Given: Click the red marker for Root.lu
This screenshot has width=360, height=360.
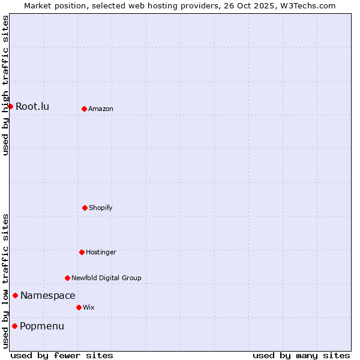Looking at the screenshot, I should [x=10, y=106].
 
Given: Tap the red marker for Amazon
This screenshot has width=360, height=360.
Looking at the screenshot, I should [x=84, y=109].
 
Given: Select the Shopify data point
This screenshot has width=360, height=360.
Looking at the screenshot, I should [x=85, y=208].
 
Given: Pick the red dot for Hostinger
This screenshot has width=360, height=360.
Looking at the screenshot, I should [x=82, y=252].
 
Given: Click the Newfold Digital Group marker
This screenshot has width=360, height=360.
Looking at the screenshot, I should [x=67, y=278].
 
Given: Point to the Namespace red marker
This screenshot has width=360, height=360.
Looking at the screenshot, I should [x=15, y=295].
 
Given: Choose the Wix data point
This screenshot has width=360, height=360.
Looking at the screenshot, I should [x=79, y=307].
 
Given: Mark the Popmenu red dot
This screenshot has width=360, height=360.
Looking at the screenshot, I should [x=14, y=326].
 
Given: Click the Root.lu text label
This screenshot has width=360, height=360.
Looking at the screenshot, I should [x=32, y=107].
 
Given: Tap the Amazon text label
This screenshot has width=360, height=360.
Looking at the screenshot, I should [x=101, y=109].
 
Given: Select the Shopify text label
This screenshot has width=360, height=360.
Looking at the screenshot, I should [x=101, y=208].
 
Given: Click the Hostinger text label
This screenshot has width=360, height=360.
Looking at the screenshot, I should [x=101, y=253].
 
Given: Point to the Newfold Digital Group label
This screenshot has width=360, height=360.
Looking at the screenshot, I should [x=106, y=278].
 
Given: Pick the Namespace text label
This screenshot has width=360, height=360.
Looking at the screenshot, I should [x=48, y=296].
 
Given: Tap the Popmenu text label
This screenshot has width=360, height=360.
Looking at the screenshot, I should [x=42, y=326].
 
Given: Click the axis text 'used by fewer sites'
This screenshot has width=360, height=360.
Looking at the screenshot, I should [x=62, y=355].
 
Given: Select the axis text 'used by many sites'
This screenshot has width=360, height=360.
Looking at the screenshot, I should [x=301, y=355].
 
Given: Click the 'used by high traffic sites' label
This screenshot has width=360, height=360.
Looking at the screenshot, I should [x=5, y=85].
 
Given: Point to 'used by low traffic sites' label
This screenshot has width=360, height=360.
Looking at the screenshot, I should [x=5, y=281].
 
